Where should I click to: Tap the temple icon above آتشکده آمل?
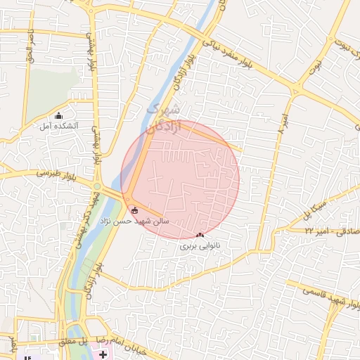(x=59, y=115)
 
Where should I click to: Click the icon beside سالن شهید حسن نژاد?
(x=134, y=210)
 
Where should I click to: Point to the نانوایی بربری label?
(x=200, y=245)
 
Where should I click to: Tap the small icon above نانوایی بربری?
(x=200, y=235)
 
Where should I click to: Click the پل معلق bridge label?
(x=72, y=341)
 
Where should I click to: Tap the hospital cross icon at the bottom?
(x=104, y=354)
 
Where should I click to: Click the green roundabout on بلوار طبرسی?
(x=96, y=186)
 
